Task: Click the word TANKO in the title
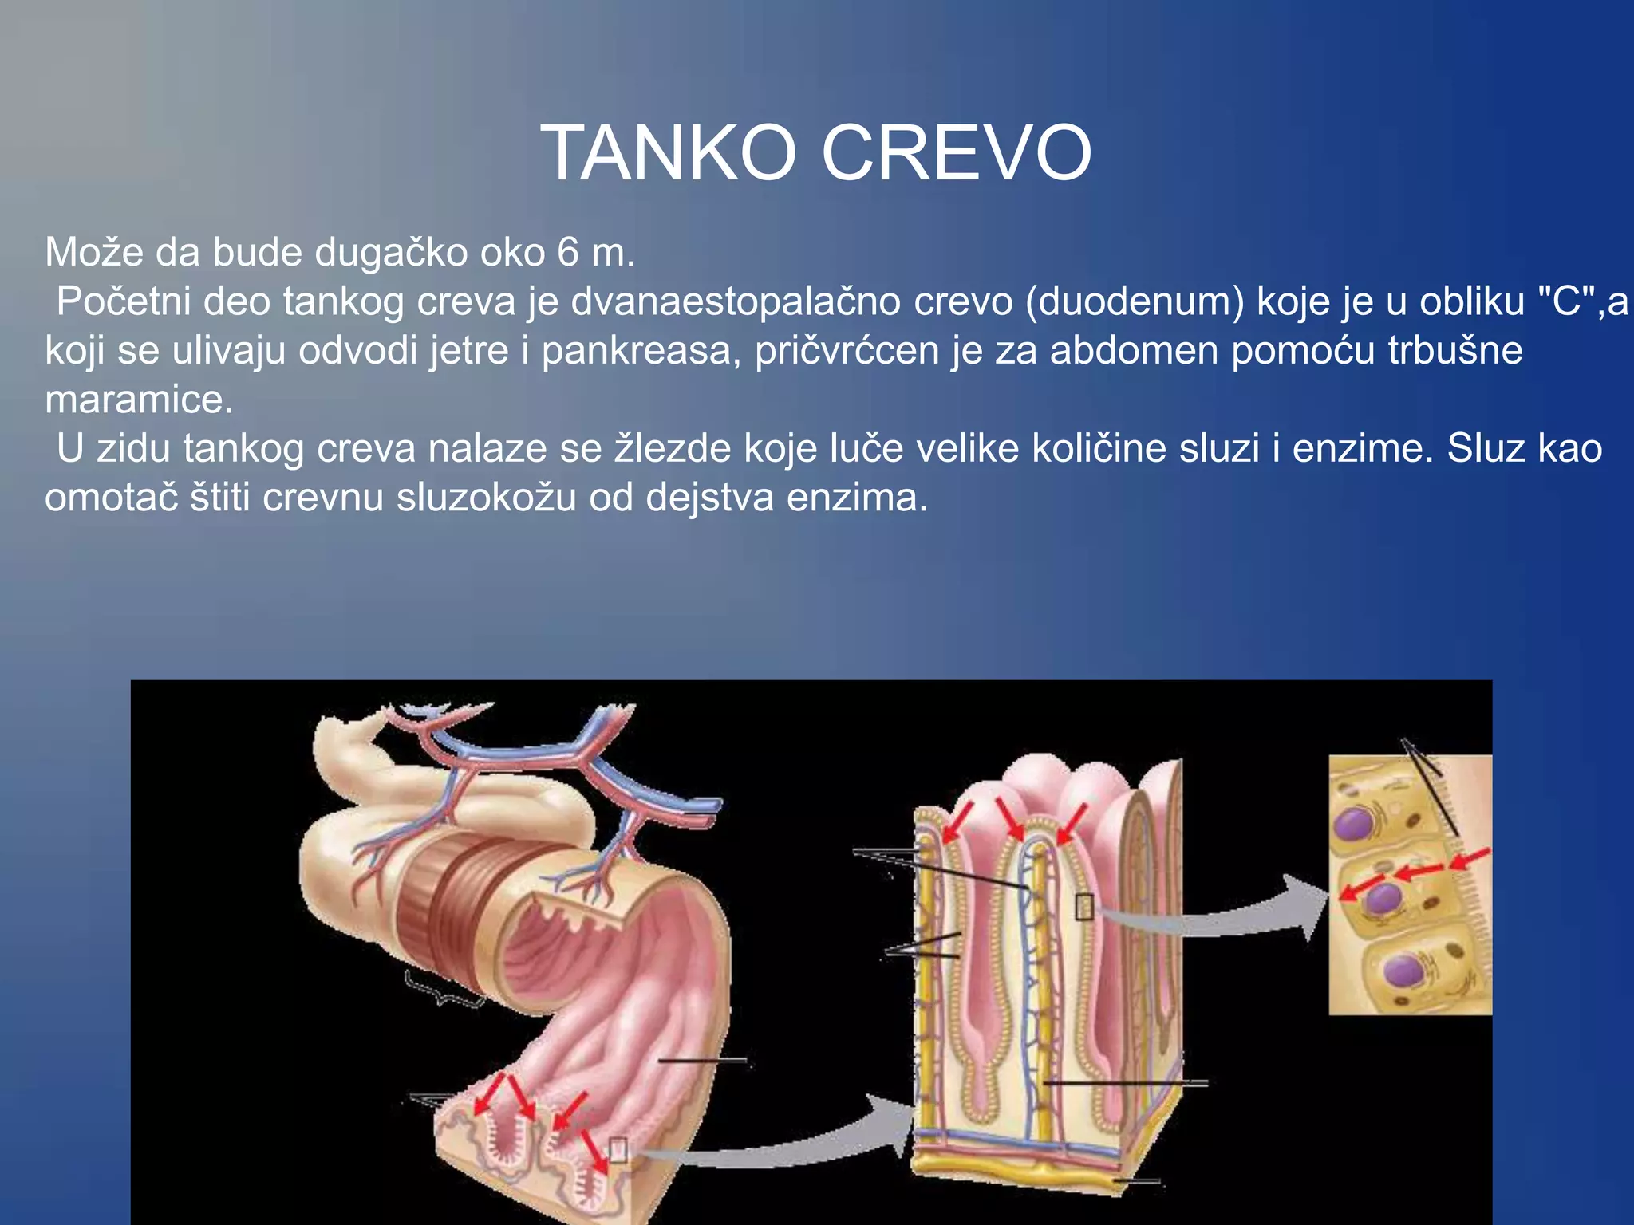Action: [669, 153]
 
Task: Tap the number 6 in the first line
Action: [567, 253]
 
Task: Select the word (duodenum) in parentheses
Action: [1135, 302]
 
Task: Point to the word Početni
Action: [123, 302]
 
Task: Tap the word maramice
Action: [139, 400]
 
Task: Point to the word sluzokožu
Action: [487, 498]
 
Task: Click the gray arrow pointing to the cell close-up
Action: [1213, 917]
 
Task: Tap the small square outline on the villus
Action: [1084, 907]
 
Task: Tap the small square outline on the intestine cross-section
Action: [618, 1149]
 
